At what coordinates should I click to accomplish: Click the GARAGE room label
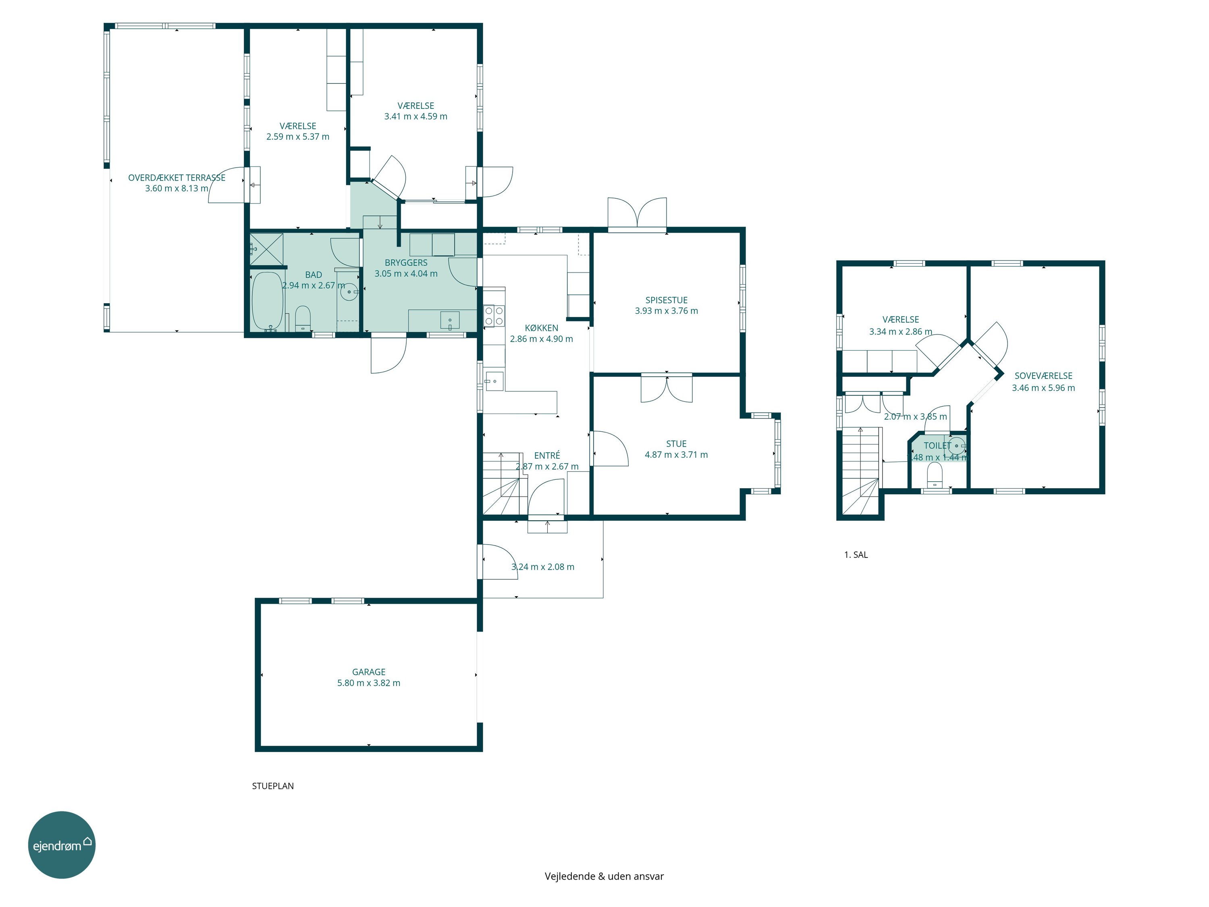click(369, 672)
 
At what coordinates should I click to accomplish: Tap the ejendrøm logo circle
click(62, 845)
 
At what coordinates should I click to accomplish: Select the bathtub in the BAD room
click(267, 301)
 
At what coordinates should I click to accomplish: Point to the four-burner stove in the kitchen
click(494, 316)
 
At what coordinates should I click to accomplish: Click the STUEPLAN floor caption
click(273, 786)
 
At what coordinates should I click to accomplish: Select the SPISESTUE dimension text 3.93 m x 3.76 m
click(666, 310)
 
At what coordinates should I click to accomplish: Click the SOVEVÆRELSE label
click(1043, 376)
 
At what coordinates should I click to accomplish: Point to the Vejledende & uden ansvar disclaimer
click(604, 876)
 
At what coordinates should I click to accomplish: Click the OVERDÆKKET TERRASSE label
click(177, 178)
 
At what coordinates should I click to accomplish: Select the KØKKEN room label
click(542, 328)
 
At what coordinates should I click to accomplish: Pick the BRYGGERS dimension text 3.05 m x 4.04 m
click(406, 273)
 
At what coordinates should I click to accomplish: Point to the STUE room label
click(676, 444)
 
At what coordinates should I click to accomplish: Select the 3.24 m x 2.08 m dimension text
click(543, 567)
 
